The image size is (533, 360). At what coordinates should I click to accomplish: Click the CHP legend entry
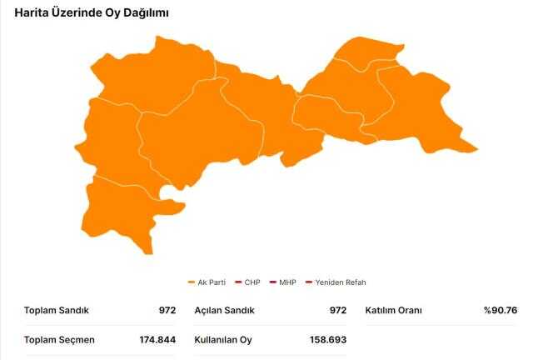coord(252,282)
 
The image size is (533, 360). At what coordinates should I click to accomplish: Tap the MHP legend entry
coord(287,282)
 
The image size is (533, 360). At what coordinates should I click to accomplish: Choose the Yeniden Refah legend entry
coord(341,282)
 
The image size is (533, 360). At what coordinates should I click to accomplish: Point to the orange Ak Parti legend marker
coord(192,282)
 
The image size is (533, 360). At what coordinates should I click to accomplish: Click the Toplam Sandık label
coord(57,311)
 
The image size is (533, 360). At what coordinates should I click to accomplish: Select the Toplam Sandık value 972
coord(167,311)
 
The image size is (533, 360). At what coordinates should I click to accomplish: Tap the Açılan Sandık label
coord(225,311)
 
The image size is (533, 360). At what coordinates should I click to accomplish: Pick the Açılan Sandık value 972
coord(337,311)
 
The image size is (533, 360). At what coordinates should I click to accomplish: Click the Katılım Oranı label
coord(394,311)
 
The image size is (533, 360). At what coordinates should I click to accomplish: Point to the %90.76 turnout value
coord(501,311)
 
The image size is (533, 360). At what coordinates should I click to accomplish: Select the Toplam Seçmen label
coord(59,339)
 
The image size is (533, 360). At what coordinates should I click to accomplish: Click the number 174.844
coord(157,339)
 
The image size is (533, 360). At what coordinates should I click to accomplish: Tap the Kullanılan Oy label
coord(223,339)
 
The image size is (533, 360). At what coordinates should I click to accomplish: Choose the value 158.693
coord(328,339)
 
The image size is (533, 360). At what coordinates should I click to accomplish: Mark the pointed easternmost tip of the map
coord(476,150)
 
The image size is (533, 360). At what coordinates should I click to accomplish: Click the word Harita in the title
coord(31,13)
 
